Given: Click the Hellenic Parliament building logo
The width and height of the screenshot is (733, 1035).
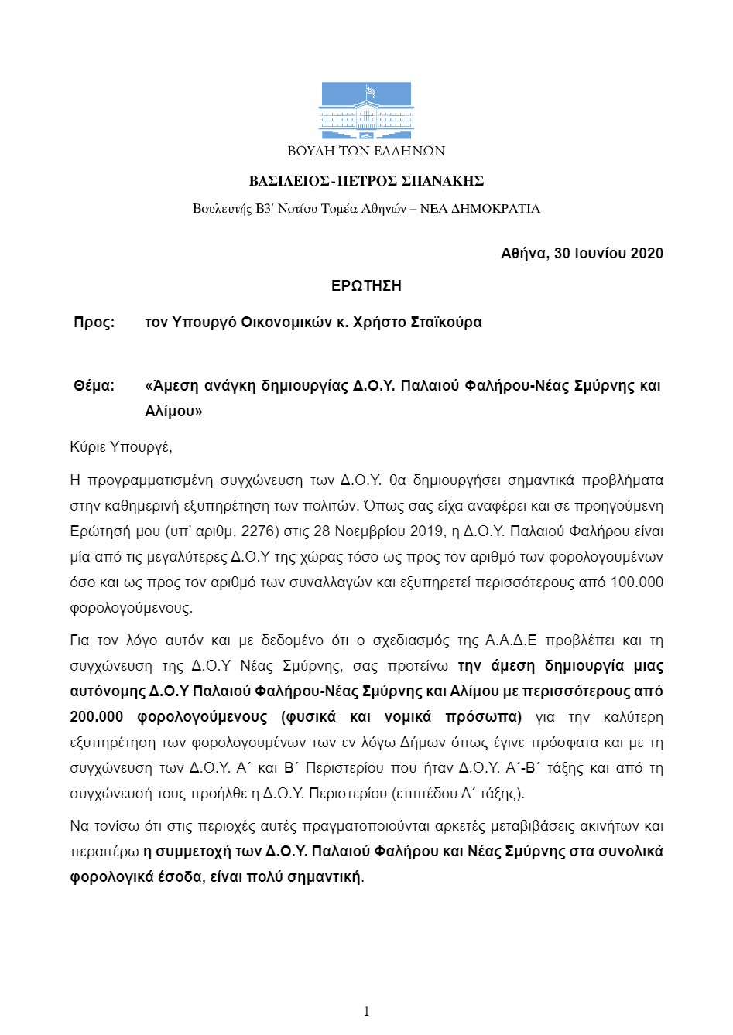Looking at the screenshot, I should (x=366, y=111).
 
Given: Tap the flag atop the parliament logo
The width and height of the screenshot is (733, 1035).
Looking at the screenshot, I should (x=371, y=91).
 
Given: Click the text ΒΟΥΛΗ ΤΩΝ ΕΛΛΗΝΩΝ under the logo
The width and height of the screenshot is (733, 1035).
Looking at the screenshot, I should (x=366, y=151).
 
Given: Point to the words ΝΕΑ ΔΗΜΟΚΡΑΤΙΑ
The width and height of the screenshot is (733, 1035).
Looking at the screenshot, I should (x=480, y=209).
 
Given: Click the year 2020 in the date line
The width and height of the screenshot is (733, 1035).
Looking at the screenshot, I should (x=646, y=254).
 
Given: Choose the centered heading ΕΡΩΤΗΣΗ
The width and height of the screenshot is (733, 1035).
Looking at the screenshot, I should (x=366, y=286).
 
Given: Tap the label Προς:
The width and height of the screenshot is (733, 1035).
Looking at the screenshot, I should (x=94, y=323).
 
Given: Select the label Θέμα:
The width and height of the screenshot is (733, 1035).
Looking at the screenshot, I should (x=94, y=386).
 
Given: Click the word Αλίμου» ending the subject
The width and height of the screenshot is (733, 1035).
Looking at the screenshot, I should (x=173, y=412).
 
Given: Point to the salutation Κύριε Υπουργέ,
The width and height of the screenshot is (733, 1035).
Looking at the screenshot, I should (x=121, y=447).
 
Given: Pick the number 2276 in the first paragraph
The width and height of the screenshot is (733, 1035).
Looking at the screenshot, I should (x=256, y=531).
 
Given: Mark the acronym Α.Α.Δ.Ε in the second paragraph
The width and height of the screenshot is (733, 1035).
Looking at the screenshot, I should (x=510, y=640).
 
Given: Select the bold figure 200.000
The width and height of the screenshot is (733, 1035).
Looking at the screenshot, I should (x=97, y=717).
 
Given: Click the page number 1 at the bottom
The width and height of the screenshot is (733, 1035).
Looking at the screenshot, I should (x=366, y=1011).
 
